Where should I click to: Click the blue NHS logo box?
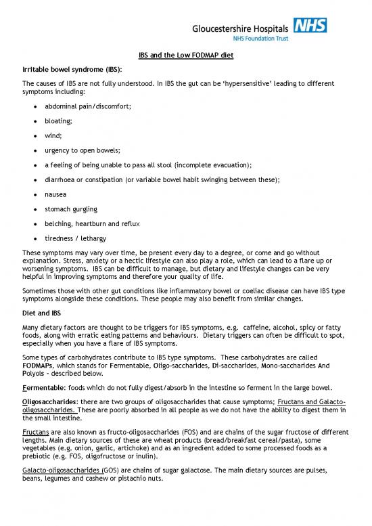311,26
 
